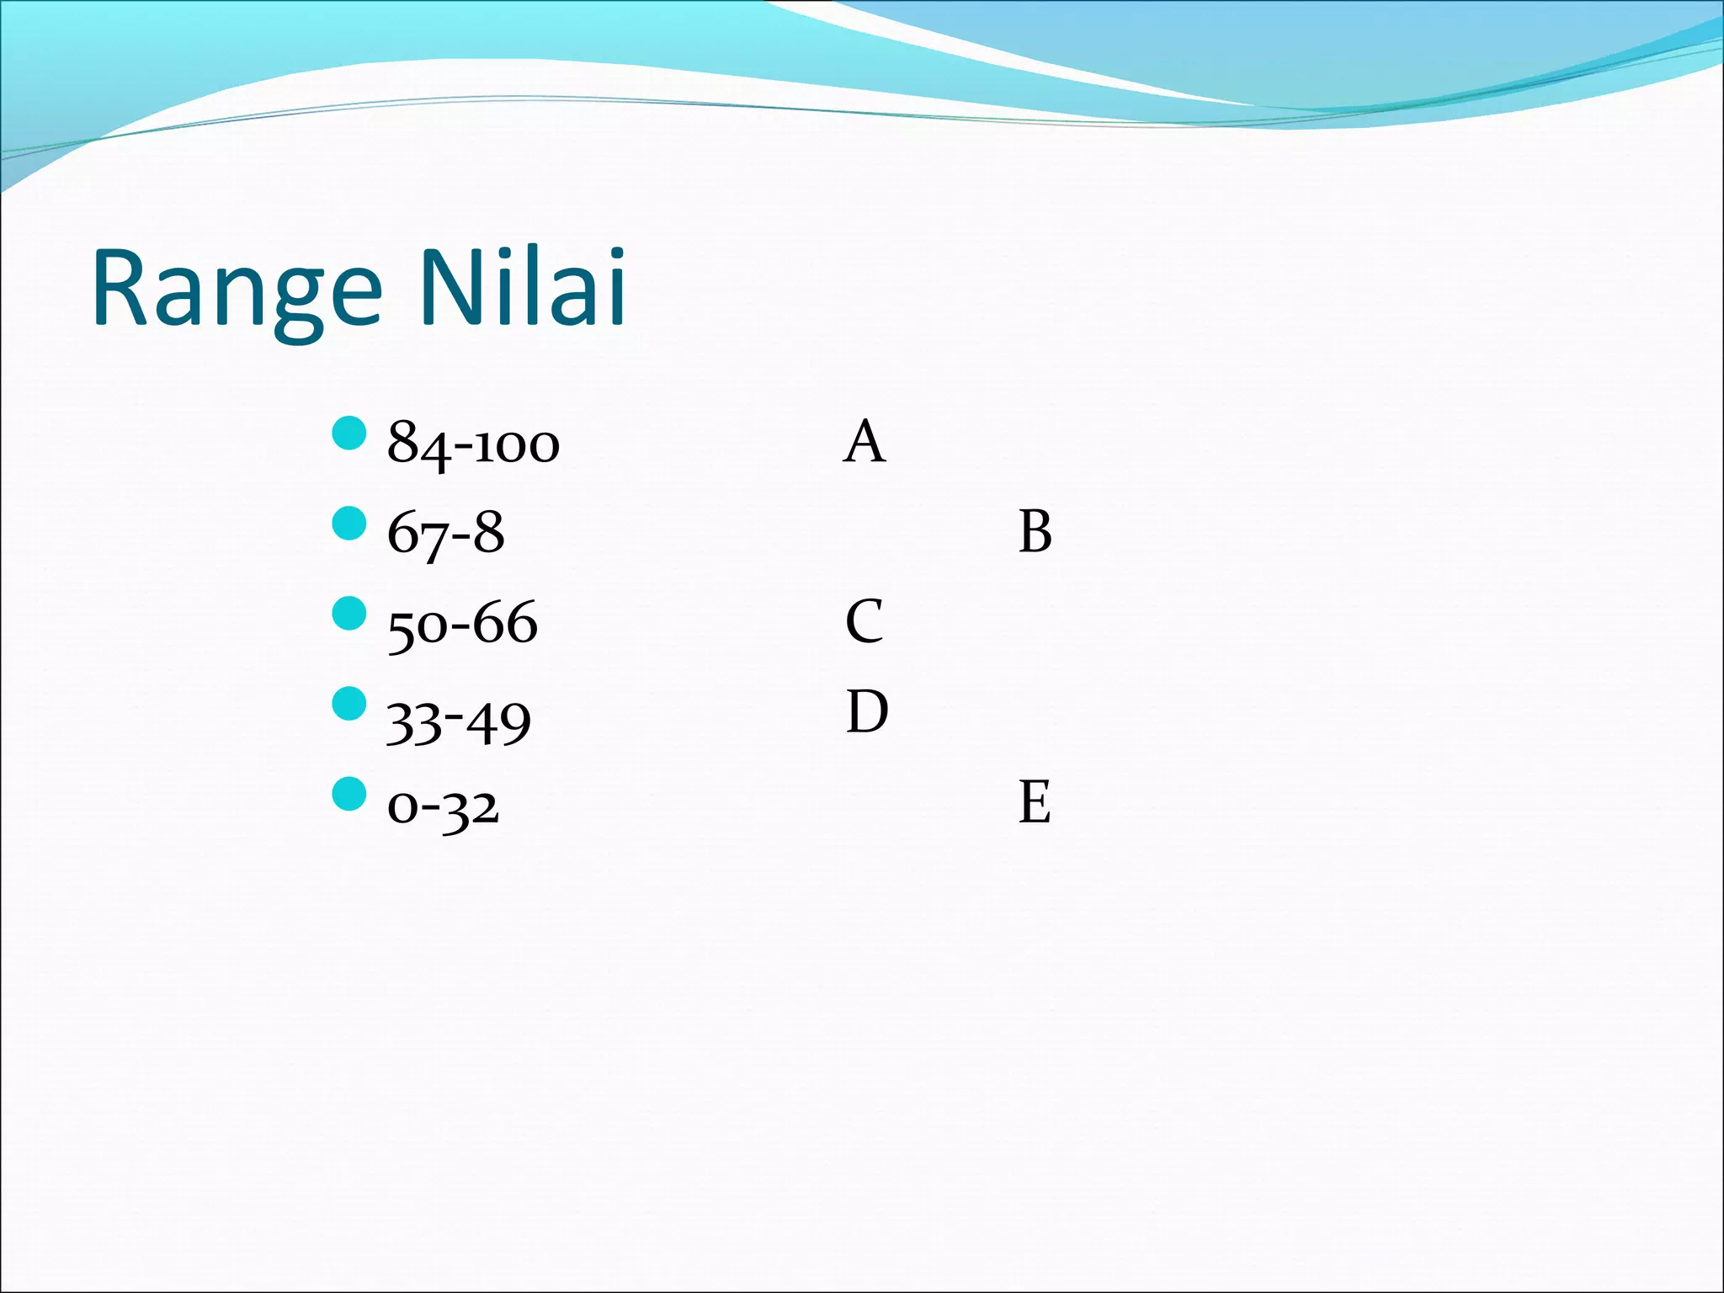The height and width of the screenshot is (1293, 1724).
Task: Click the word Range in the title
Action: [237, 288]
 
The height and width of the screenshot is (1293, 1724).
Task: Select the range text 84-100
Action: [473, 444]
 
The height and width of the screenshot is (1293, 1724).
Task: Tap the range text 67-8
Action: [445, 534]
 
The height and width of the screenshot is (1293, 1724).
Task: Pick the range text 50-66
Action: [462, 624]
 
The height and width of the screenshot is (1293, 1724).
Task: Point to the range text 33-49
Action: [459, 721]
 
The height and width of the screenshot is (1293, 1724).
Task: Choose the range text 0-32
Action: [443, 806]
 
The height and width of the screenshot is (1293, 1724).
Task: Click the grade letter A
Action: [864, 442]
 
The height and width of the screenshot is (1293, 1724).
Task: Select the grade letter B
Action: [1035, 532]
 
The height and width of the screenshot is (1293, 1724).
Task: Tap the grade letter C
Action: [865, 622]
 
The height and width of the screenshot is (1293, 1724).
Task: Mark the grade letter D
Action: [866, 712]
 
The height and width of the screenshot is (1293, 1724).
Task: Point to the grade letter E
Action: [1035, 801]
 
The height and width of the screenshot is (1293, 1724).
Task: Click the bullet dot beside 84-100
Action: [349, 433]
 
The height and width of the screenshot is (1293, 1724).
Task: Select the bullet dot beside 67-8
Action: [349, 523]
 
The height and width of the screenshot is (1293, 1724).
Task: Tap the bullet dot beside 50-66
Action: [349, 613]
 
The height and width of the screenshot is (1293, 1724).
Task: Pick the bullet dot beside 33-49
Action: [349, 704]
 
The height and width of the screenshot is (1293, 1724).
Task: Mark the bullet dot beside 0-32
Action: [349, 794]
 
